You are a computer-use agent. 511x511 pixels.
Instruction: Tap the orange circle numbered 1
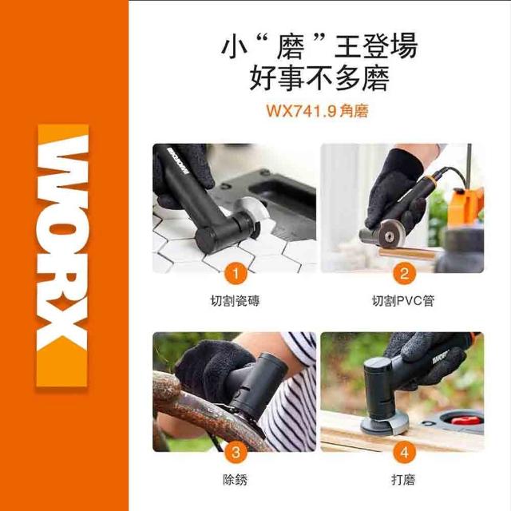pyautogui.click(x=236, y=273)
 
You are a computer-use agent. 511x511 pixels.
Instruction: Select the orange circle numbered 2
pyautogui.click(x=404, y=273)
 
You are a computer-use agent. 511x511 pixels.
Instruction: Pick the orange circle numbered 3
pyautogui.click(x=236, y=453)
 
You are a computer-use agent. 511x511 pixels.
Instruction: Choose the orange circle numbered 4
pyautogui.click(x=404, y=453)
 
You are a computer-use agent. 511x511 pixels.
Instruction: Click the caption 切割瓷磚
pyautogui.click(x=236, y=301)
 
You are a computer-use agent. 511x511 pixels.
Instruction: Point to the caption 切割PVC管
pyautogui.click(x=403, y=301)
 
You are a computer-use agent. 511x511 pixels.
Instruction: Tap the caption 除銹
pyautogui.click(x=236, y=480)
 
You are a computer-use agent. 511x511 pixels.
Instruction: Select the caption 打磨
pyautogui.click(x=403, y=480)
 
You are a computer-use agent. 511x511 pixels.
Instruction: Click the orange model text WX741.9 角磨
pyautogui.click(x=318, y=111)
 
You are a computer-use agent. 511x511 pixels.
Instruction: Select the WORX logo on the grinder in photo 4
pyautogui.click(x=441, y=358)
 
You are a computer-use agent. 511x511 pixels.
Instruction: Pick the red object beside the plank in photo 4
pyautogui.click(x=466, y=421)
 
